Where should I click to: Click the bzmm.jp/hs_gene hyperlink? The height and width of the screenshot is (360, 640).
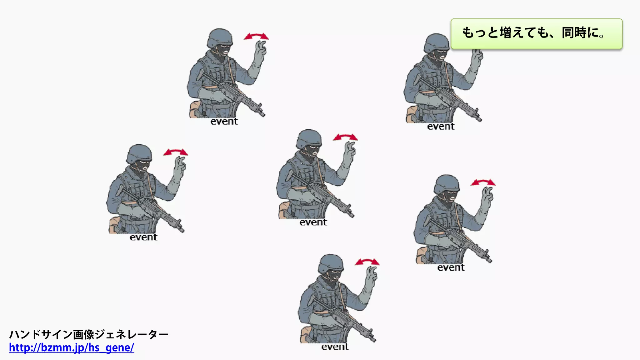72,347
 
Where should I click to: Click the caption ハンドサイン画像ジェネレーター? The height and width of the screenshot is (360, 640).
89,334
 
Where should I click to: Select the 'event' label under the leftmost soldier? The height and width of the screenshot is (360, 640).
143,237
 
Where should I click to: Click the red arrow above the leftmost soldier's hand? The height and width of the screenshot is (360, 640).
176,152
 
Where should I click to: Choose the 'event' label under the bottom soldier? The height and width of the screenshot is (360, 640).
335,347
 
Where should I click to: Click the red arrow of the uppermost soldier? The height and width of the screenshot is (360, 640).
256,36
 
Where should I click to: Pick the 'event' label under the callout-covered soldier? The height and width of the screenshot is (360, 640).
441,127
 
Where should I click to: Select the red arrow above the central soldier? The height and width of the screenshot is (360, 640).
345,137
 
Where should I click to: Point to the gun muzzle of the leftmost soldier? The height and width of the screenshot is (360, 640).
181,230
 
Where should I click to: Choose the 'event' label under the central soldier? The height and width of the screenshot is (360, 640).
313,222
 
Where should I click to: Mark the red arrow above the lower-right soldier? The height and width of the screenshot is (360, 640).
483,182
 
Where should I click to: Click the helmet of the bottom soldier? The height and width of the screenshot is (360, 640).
331,263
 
